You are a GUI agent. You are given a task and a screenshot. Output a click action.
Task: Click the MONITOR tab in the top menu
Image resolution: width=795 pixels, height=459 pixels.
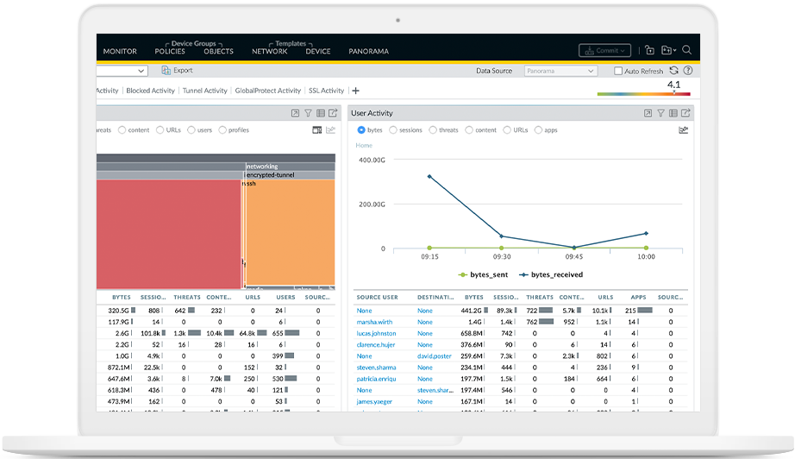pyautogui.click(x=120, y=51)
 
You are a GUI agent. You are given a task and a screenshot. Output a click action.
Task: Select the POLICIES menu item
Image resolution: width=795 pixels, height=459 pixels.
pyautogui.click(x=170, y=51)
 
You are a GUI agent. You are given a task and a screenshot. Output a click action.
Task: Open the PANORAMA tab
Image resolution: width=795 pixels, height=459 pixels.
pyautogui.click(x=368, y=51)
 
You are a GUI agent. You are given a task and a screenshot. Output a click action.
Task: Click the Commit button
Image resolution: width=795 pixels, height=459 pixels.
pyautogui.click(x=604, y=51)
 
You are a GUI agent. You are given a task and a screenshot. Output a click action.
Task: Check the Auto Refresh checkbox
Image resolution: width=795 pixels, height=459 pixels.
pyautogui.click(x=618, y=72)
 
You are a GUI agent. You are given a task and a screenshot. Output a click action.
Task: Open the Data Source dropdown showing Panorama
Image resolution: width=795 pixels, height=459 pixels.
pyautogui.click(x=560, y=72)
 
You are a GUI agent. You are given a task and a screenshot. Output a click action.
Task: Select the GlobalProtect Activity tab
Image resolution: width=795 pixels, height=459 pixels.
pyautogui.click(x=267, y=91)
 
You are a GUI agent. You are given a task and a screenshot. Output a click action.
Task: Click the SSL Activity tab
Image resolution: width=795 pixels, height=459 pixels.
pyautogui.click(x=326, y=91)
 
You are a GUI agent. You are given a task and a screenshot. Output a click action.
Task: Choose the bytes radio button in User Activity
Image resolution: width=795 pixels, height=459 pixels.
pyautogui.click(x=361, y=130)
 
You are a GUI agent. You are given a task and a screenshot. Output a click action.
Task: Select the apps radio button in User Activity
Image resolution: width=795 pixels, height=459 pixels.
pyautogui.click(x=539, y=130)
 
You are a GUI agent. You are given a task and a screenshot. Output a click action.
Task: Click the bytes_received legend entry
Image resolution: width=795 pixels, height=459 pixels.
pyautogui.click(x=551, y=274)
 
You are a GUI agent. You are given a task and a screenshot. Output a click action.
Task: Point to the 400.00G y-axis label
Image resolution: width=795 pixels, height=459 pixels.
pyautogui.click(x=372, y=160)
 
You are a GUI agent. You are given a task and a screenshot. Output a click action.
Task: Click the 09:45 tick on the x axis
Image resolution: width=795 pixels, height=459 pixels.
pyautogui.click(x=574, y=256)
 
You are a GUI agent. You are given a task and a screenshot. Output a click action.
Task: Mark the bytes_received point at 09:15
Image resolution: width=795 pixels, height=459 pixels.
pyautogui.click(x=429, y=177)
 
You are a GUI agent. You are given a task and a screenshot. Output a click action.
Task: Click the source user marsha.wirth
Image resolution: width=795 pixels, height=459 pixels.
pyautogui.click(x=376, y=321)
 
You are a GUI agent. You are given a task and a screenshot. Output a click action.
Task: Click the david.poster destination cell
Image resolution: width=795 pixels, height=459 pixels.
pyautogui.click(x=435, y=355)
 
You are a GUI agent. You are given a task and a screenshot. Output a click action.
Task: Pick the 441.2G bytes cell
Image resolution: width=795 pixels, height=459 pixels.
pyautogui.click(x=472, y=310)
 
